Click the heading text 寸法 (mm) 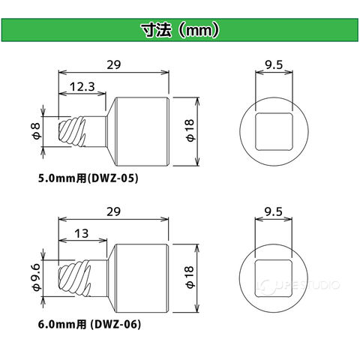180,30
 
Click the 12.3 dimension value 82,87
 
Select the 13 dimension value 82,233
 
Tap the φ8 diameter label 37,131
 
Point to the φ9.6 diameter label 37,277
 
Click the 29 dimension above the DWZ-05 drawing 114,64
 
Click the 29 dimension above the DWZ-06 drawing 113,211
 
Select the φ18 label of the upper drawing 190,130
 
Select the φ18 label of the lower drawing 190,277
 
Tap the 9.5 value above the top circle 274,65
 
